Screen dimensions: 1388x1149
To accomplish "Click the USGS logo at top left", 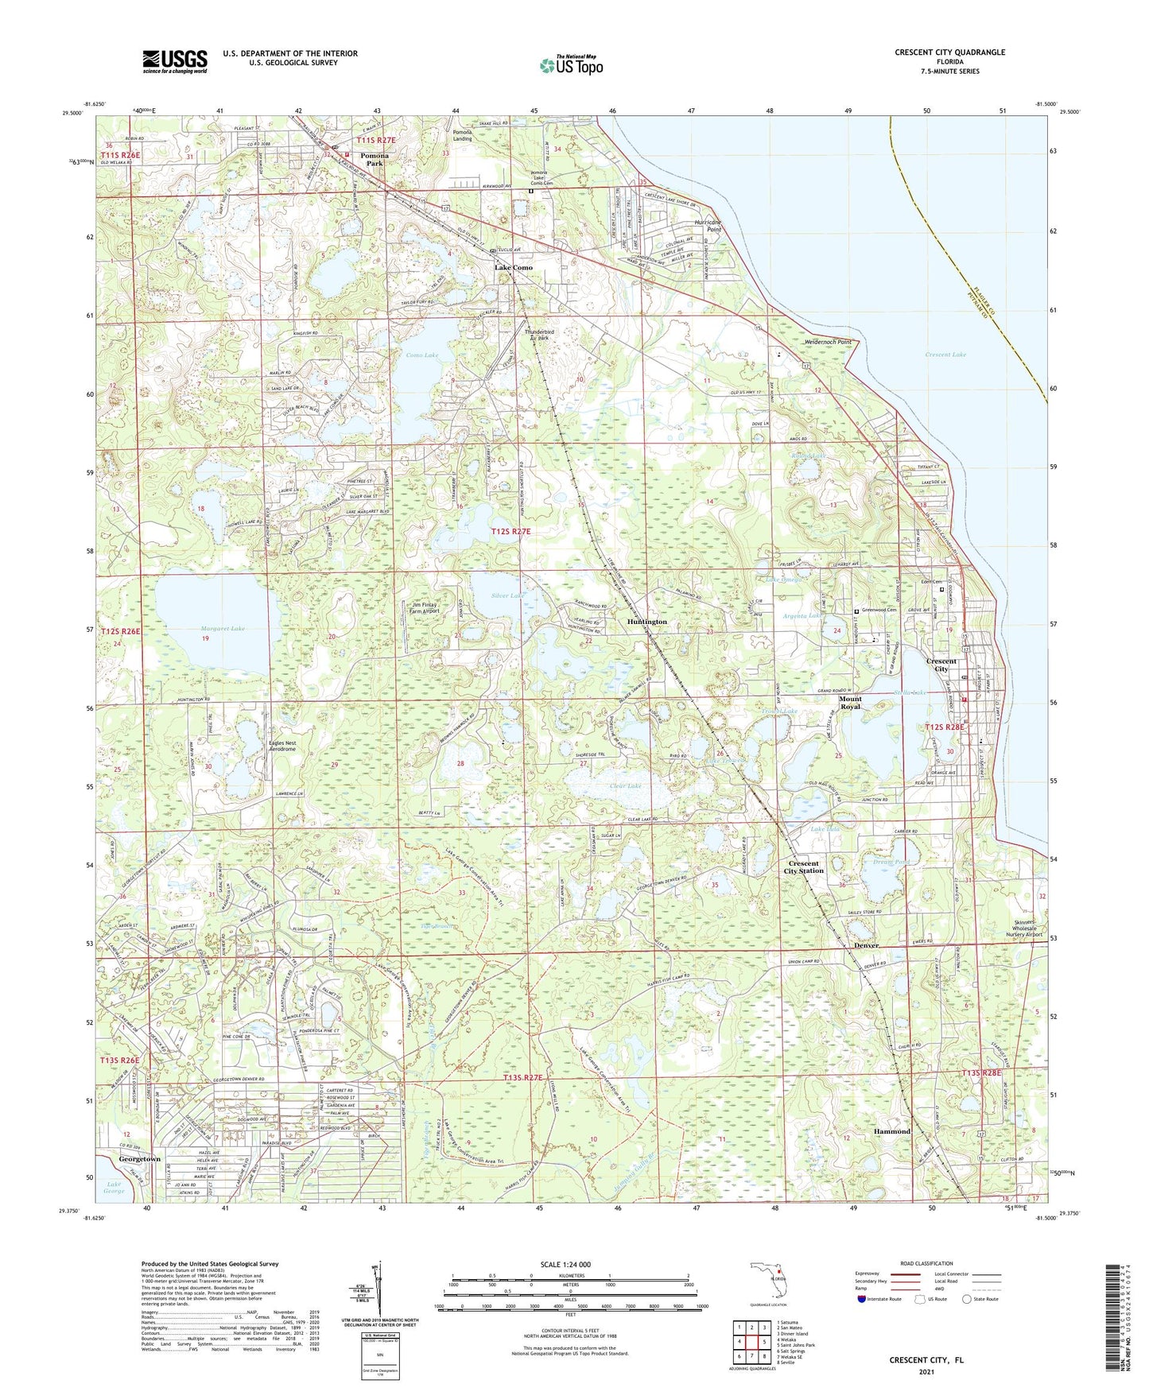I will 175,60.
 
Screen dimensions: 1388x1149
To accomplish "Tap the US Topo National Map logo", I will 569,64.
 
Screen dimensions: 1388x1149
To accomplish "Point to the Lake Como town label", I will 514,268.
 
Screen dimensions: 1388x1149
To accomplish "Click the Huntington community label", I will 646,622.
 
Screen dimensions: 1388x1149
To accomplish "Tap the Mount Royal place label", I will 850,703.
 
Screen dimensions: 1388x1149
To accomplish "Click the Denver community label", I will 866,945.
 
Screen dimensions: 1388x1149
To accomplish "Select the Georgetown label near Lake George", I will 139,1159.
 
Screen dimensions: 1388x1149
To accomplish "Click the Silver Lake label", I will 507,595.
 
